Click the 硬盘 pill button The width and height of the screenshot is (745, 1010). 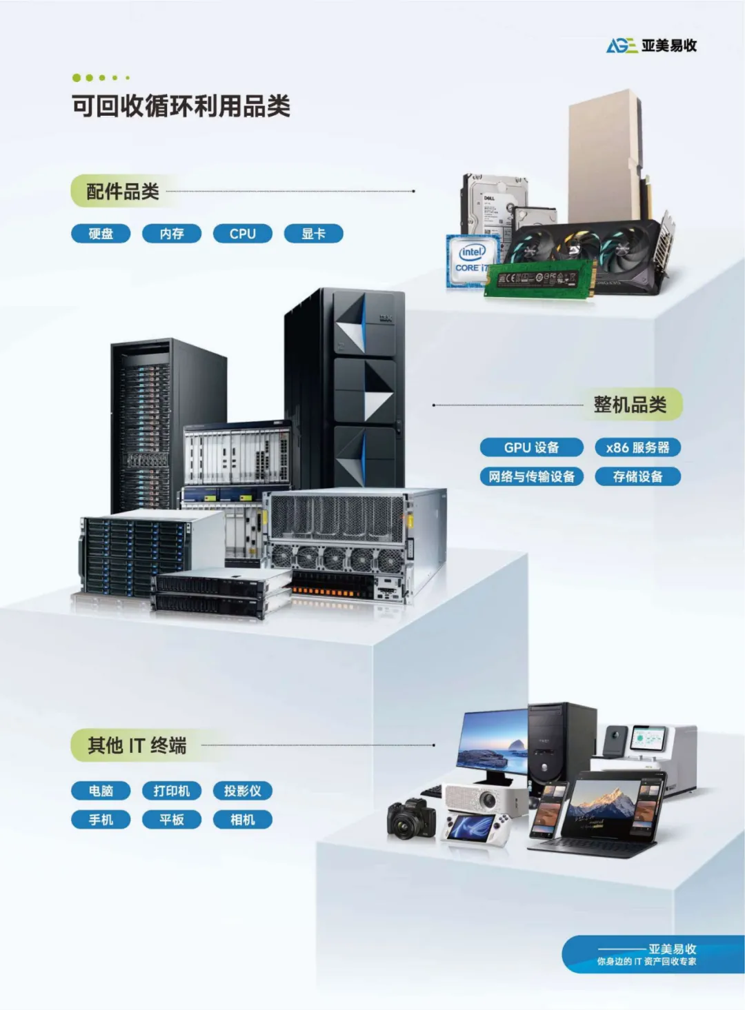coord(101,234)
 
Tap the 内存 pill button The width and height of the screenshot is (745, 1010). coord(172,234)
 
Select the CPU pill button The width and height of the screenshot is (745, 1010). coord(242,234)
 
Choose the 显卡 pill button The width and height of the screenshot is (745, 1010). coord(313,234)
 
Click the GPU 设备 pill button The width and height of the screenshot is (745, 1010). coord(531,447)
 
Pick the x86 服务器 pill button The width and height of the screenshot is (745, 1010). coord(637,447)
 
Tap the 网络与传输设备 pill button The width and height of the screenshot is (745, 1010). coord(531,476)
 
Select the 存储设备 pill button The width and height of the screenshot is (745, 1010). coord(637,476)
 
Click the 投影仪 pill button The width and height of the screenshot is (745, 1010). coord(242,791)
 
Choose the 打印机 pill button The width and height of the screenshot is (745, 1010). coord(172,791)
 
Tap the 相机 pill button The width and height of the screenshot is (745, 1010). coord(242,820)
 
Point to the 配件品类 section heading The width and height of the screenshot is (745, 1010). coord(122,192)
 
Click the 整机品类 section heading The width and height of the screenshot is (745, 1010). coord(630,405)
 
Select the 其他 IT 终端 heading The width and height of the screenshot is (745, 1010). coord(137,745)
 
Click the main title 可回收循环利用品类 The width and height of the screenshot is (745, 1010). coord(181,106)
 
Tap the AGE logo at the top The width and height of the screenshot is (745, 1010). coord(651,46)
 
